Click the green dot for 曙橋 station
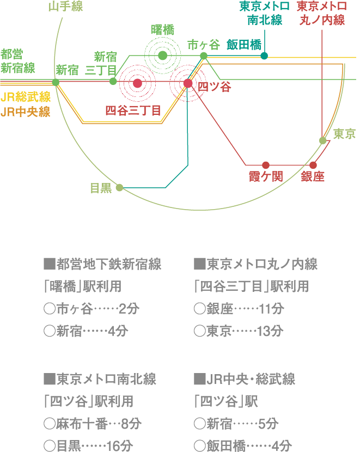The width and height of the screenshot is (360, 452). pos(162,55)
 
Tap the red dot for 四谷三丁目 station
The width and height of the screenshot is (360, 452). pos(137,83)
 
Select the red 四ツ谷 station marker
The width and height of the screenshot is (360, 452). pos(188,83)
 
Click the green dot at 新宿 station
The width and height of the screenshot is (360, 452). pos(56,82)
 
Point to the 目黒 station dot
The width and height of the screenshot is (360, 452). pos(119,187)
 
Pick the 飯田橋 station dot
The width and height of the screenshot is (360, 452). pos(264,56)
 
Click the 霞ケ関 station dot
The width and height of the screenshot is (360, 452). pos(266,165)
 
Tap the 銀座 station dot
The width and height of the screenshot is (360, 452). pos(313,165)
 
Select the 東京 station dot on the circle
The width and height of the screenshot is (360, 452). pos(323,141)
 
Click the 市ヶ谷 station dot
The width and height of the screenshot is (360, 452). pos(204,56)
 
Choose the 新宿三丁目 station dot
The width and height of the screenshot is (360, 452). pos(113,81)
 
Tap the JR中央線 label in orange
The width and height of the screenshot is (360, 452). pos(26,112)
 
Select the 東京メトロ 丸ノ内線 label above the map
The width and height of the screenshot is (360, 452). pos(322,14)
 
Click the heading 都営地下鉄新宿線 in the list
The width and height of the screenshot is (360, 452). pos(102,265)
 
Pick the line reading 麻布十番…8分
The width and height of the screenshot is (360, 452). pos(91,423)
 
